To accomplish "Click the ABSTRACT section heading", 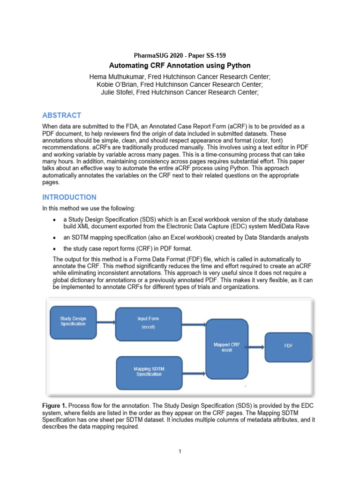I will pyautogui.click(x=61, y=115).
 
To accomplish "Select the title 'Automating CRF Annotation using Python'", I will pyautogui.click(x=180, y=65).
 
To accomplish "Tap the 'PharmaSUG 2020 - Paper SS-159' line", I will pyautogui.click(x=180, y=56).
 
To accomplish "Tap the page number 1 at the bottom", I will pyautogui.click(x=180, y=451).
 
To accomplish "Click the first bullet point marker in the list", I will pyautogui.click(x=56, y=220).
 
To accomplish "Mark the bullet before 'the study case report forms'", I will pyautogui.click(x=56, y=249).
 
